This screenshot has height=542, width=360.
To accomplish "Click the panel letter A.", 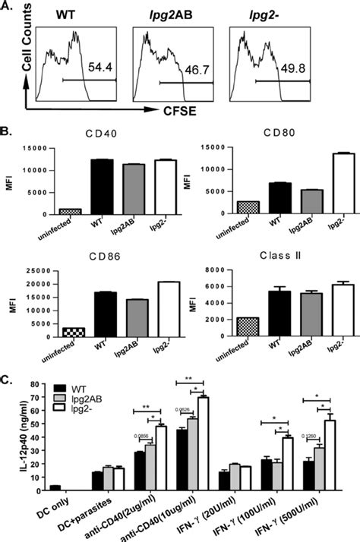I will coord(9,8).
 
